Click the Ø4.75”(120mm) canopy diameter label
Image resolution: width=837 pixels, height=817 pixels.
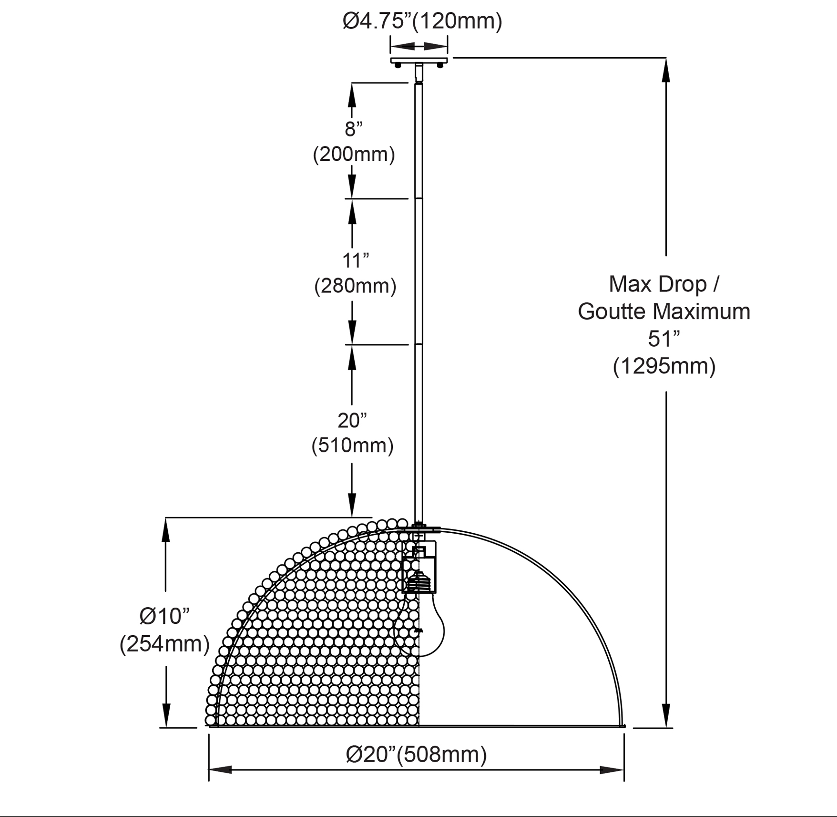click(x=422, y=21)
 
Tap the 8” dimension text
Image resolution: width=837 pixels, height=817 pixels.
click(x=354, y=129)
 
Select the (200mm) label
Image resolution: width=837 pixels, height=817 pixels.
click(x=354, y=155)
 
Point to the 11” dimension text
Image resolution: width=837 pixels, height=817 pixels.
click(x=356, y=260)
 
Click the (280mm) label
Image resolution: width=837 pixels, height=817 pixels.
click(x=356, y=286)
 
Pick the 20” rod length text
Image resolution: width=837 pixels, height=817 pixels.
click(x=352, y=420)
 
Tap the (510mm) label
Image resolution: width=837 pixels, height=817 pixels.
click(x=352, y=445)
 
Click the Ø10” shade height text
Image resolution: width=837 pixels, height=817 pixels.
click(x=164, y=616)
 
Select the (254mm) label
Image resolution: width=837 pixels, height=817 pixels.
click(x=164, y=644)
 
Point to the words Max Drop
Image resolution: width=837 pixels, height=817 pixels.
click(x=658, y=284)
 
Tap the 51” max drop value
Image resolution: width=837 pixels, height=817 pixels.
click(x=664, y=339)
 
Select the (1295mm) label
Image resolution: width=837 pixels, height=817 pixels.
click(x=664, y=366)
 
